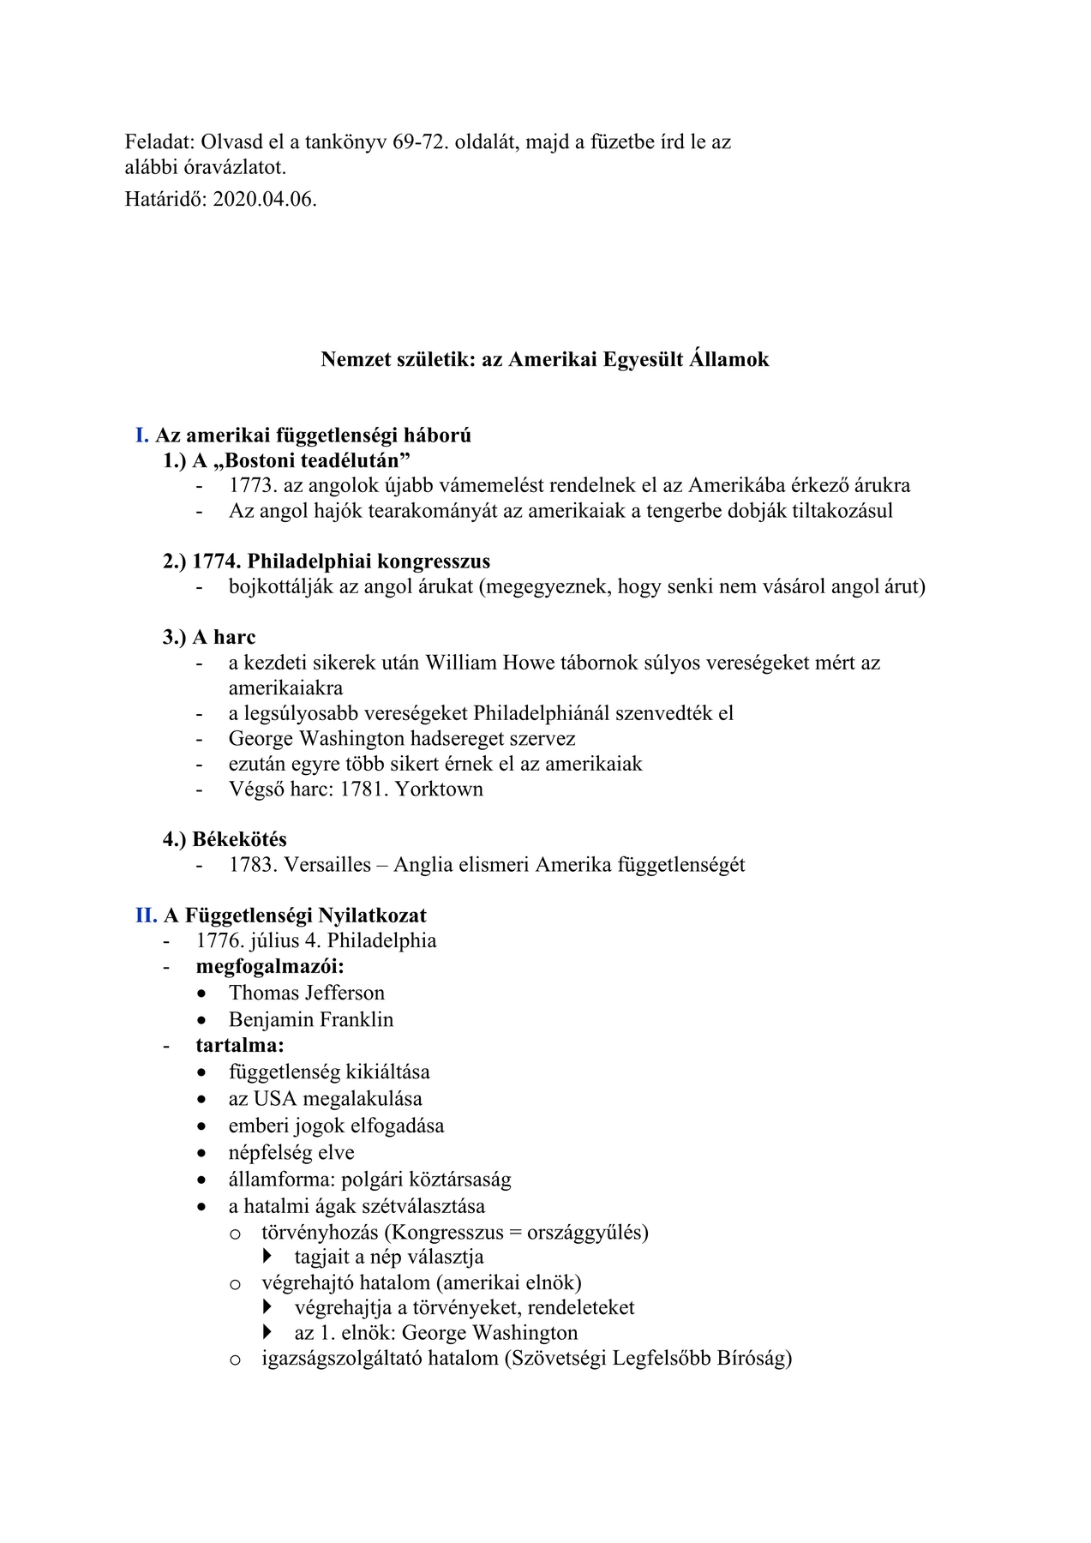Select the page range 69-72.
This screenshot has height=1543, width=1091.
pos(421,141)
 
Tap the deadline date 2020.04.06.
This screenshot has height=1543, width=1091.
pos(265,200)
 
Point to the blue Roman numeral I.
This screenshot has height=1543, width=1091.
pos(141,435)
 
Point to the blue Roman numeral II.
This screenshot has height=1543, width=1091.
pos(145,916)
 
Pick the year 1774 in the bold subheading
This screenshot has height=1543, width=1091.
pos(216,561)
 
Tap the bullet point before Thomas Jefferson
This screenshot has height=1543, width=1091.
pos(201,994)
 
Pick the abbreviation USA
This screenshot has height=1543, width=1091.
pos(275,1099)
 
